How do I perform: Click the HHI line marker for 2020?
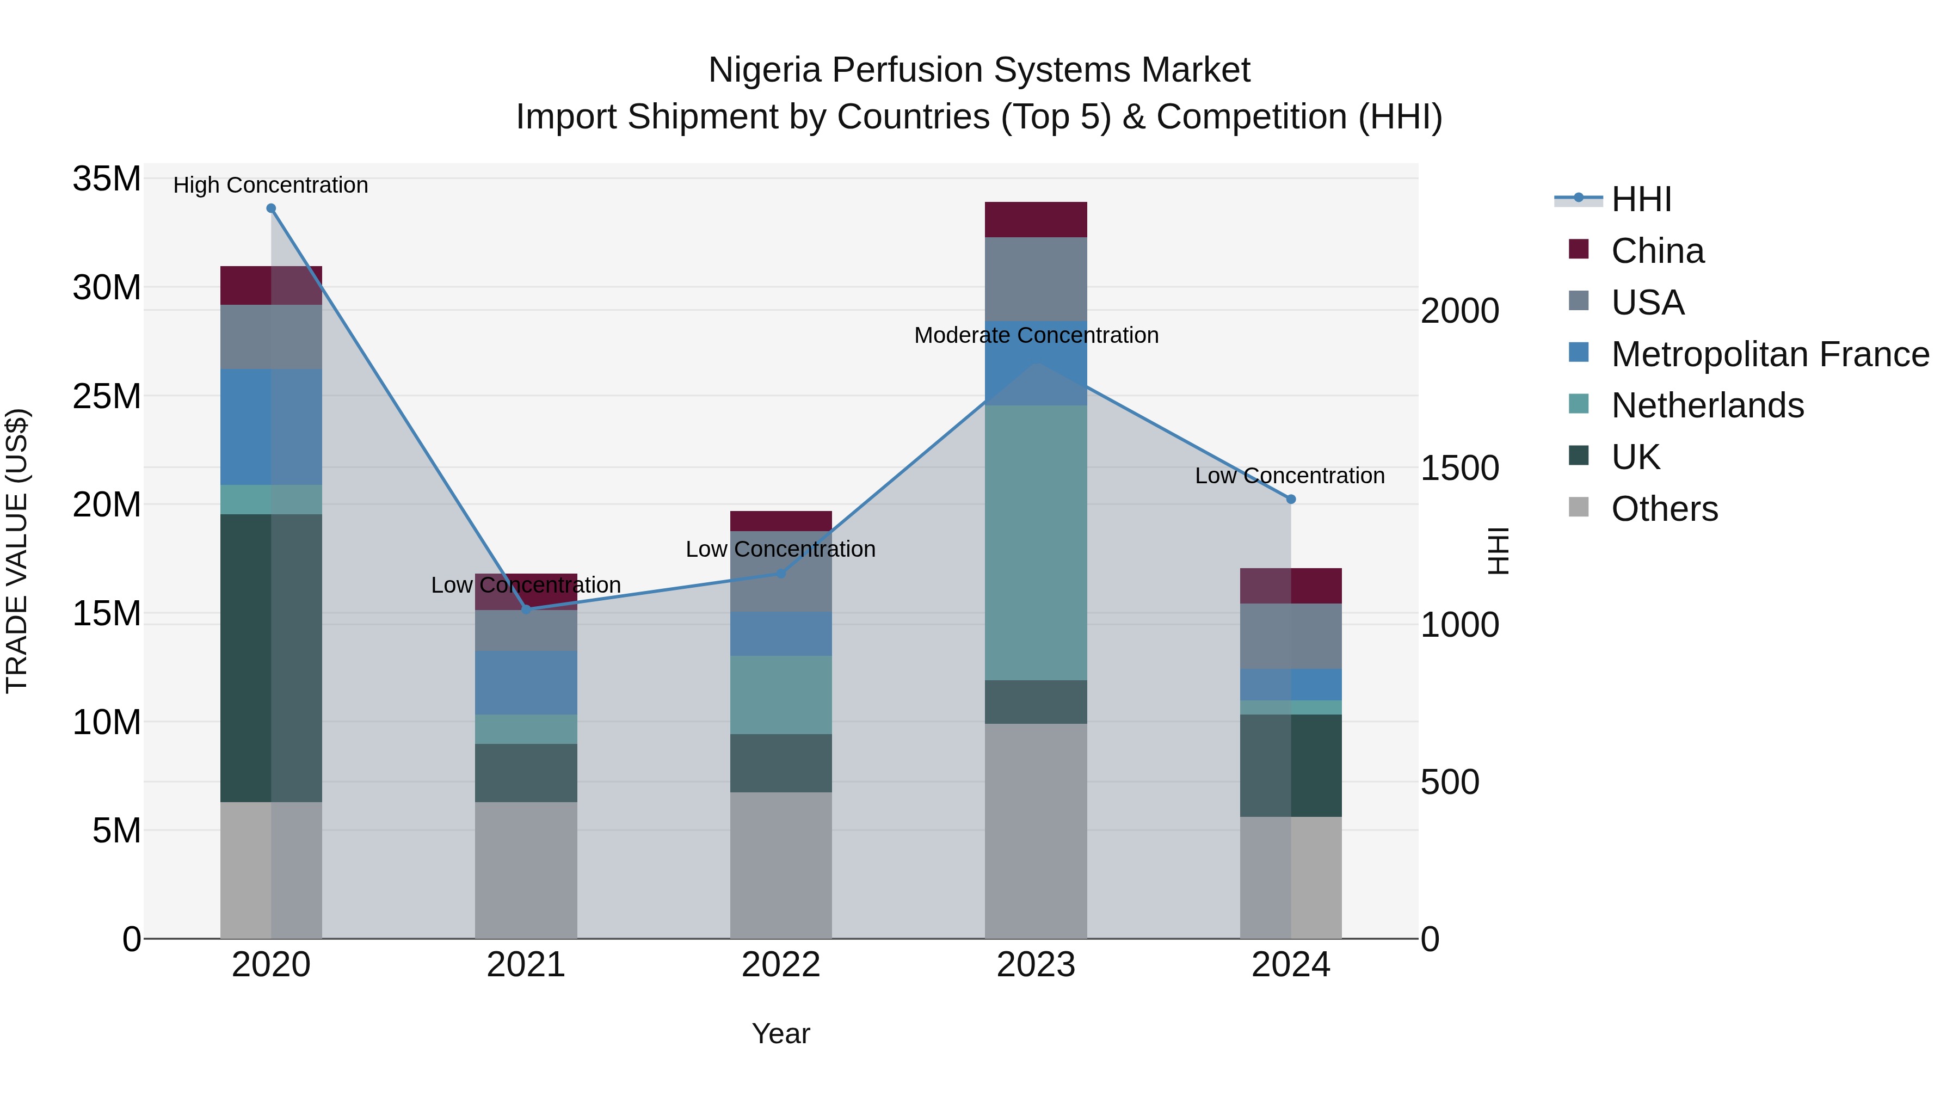tap(271, 208)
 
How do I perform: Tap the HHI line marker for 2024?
tap(1291, 499)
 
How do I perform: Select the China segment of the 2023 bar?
tap(1036, 220)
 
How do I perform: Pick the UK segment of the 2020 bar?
tap(271, 658)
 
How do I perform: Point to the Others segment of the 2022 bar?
tap(781, 865)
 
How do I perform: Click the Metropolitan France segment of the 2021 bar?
tap(526, 682)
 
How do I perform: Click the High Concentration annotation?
tap(271, 185)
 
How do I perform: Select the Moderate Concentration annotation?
tap(1036, 335)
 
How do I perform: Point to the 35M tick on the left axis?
tap(107, 180)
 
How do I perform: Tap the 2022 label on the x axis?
tap(781, 965)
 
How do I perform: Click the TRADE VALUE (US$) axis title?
tap(17, 551)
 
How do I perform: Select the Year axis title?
tap(781, 1033)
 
